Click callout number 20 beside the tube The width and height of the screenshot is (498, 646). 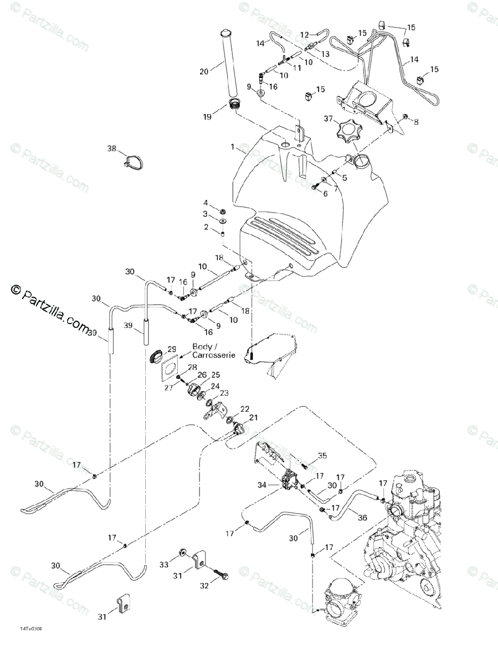[x=203, y=71]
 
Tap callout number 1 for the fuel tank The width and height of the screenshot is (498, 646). [x=232, y=146]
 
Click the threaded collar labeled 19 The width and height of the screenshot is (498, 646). [x=234, y=103]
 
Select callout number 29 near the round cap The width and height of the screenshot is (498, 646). [x=172, y=349]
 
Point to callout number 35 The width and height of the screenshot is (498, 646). [x=322, y=456]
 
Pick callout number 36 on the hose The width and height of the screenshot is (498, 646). [x=362, y=517]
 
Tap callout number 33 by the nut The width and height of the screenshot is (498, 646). [x=163, y=564]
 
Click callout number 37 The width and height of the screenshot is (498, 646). [x=328, y=118]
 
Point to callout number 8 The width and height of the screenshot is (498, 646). [x=416, y=122]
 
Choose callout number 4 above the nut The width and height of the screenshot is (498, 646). [x=205, y=202]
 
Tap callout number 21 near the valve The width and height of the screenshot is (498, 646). [x=253, y=418]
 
